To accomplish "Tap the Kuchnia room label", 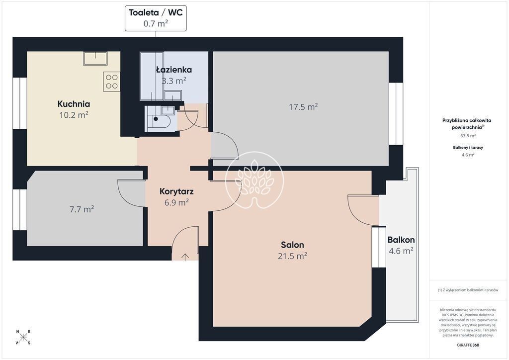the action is coord(74,104).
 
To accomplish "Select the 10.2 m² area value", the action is coord(74,115).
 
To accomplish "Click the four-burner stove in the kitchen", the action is coord(112,82).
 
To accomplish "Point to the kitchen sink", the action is coord(95,59).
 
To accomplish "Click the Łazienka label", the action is coord(174,70).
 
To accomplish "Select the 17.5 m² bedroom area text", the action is coord(303,107).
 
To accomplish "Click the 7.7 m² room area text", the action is coord(82,209).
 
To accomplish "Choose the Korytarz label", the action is coord(176,191).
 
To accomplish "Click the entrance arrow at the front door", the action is coord(185,257).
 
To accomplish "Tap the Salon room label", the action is coord(292,245).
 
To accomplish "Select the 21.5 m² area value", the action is coord(292,256).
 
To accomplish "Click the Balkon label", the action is coord(401,240).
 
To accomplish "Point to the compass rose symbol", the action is coord(23,337).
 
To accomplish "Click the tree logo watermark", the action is coord(254,180).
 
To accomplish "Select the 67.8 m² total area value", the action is coord(468,136).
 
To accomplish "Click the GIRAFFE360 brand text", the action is coord(467,345).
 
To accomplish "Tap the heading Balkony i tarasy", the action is coord(468,147).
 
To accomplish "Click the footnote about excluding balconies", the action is coord(468,290).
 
